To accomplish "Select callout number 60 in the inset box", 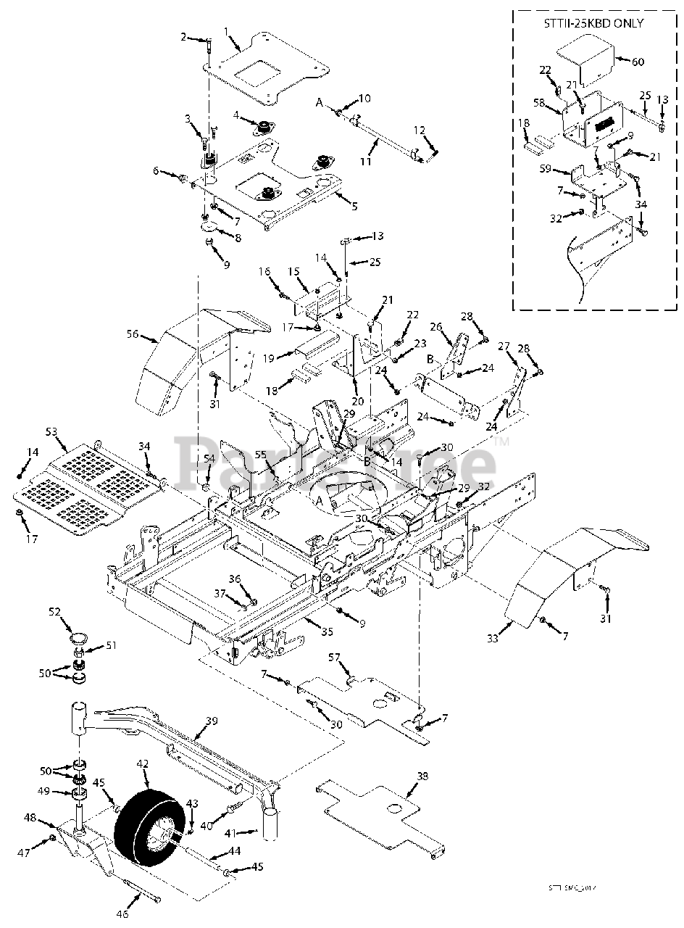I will click(x=637, y=62).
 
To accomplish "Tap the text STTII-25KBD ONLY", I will click(x=593, y=23).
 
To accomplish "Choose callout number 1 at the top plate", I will click(x=226, y=31).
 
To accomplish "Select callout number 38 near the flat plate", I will click(x=422, y=776).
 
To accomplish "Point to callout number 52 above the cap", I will click(x=55, y=612).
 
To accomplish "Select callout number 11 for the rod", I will click(x=366, y=162).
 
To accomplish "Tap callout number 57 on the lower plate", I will click(x=334, y=658).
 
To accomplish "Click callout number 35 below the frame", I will click(x=327, y=631).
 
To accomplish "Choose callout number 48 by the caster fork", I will click(x=29, y=818).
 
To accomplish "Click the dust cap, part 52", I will click(x=78, y=639).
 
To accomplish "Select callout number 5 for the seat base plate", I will click(x=354, y=206).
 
